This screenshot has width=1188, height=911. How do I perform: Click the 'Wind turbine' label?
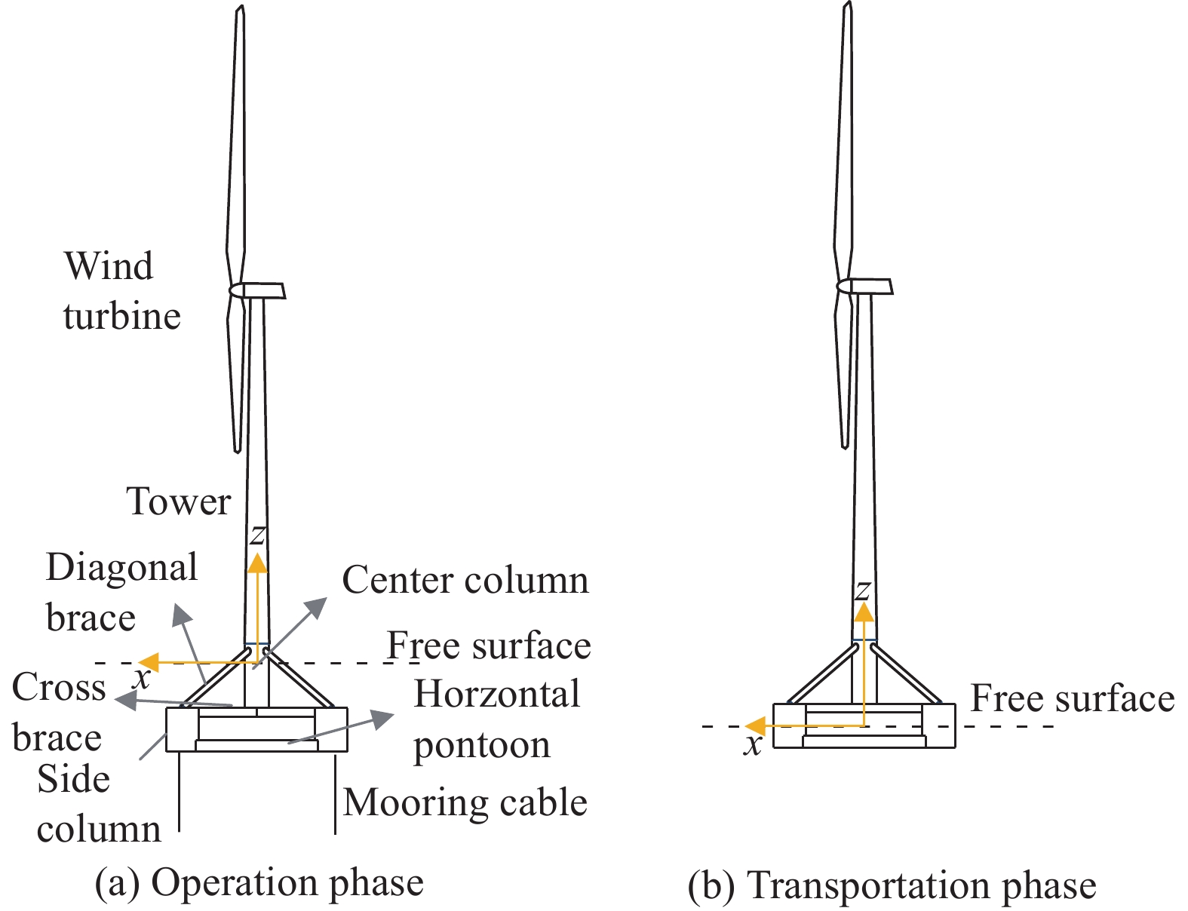click(122, 291)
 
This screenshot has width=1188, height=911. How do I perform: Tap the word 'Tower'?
click(179, 502)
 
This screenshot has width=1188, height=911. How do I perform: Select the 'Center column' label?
click(465, 580)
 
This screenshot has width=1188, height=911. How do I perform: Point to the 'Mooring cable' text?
click(465, 803)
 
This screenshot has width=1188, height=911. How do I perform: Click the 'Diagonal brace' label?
click(121, 593)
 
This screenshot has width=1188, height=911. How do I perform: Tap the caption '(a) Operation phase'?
click(259, 882)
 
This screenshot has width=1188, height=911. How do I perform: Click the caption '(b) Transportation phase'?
click(892, 885)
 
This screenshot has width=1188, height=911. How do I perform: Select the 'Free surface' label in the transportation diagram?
click(1073, 698)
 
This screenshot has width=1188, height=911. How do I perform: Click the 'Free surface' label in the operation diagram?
click(490, 646)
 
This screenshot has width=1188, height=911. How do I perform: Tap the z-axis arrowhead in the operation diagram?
click(257, 563)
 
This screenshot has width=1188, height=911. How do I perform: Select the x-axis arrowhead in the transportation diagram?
click(755, 726)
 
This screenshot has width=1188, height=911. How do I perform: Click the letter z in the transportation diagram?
click(862, 590)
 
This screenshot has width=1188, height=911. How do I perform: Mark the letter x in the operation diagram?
click(143, 679)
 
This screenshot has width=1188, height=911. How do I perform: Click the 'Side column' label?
click(99, 804)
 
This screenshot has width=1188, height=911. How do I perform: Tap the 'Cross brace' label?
click(59, 713)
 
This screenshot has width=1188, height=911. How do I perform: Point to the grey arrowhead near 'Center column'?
click(317, 606)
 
